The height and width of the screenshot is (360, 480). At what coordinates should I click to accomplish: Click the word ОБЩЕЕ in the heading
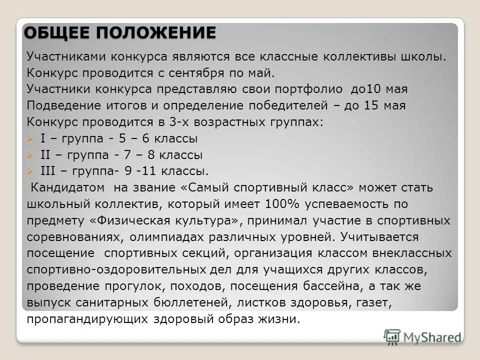[x=57, y=33]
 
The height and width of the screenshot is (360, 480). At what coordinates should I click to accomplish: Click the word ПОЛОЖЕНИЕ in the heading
[x=156, y=33]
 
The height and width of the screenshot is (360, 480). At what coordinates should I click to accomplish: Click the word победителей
[x=290, y=106]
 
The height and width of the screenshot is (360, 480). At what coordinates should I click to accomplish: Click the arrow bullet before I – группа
[x=30, y=139]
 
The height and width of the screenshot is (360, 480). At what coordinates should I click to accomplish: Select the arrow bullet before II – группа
[x=30, y=155]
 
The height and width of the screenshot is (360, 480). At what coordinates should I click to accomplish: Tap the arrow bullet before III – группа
[x=30, y=172]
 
